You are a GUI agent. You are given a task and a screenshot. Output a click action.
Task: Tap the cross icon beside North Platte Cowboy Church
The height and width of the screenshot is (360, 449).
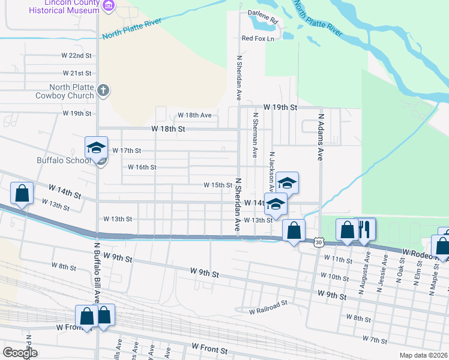[x=103, y=91]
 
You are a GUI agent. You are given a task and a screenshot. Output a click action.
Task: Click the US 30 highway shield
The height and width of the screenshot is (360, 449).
[x=319, y=241]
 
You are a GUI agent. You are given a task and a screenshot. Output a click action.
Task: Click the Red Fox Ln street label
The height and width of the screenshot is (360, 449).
[x=258, y=38]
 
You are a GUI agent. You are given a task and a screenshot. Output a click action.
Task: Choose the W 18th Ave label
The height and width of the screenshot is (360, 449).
[x=193, y=115]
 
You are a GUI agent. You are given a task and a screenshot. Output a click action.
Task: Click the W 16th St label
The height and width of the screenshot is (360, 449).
[x=142, y=167]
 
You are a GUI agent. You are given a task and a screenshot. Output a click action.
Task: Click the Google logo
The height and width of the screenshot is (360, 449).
[x=20, y=352]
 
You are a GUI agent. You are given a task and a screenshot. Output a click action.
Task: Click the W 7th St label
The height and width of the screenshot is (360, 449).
[x=375, y=340]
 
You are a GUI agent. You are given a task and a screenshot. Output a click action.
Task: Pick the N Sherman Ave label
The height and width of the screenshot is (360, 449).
[x=255, y=136]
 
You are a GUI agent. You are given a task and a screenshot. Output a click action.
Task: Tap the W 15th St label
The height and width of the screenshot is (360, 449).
[x=218, y=185]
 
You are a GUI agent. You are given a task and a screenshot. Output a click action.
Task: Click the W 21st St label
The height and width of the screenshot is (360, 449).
[x=80, y=73]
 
